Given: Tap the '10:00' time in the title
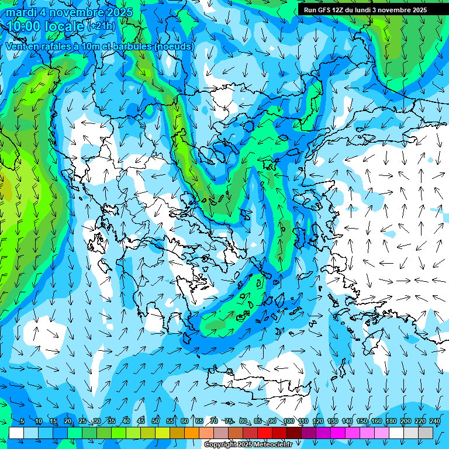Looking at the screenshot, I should tap(26, 26).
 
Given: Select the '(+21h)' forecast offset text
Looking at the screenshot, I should tap(101, 26).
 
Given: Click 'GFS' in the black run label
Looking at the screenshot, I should tap(327, 10).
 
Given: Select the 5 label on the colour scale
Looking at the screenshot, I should tap(22, 422).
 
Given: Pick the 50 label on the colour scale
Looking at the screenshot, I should tap(156, 422).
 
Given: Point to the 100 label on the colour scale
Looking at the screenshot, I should tap(288, 422).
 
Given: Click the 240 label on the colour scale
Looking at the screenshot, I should tap(434, 422).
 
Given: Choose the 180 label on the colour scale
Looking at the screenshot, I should tap(391, 422).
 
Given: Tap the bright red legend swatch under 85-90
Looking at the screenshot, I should tap(265, 433).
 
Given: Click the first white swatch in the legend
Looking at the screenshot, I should tap(16, 433).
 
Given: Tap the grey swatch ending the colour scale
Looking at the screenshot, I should tap(426, 433).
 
